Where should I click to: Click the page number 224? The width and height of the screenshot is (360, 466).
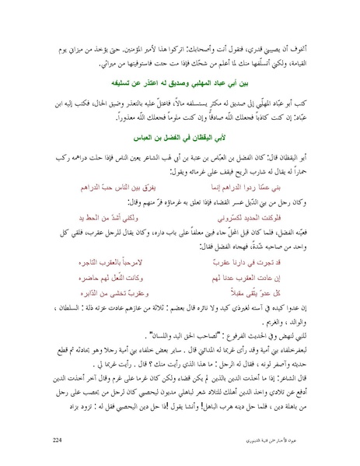[57, 440]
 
